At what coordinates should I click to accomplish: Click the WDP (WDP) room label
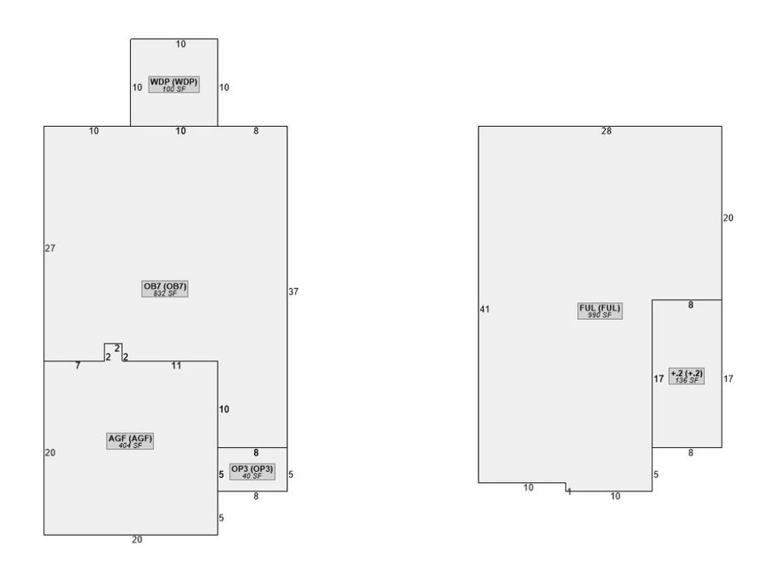point(173,82)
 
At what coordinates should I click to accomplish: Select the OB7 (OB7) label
point(165,286)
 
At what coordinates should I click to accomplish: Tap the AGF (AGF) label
point(130,438)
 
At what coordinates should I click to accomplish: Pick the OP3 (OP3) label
point(252,469)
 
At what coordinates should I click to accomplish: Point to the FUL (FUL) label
point(599,308)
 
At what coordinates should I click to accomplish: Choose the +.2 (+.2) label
point(687,373)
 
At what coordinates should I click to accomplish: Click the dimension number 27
point(50,248)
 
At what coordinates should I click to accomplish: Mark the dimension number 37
point(293,292)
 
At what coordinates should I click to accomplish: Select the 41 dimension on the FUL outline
point(484,309)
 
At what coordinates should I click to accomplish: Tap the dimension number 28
point(606,131)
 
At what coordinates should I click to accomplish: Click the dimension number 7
point(77,366)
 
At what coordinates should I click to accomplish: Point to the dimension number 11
point(176,366)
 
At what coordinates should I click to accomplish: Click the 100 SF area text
point(173,88)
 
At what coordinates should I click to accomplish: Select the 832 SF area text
point(165,293)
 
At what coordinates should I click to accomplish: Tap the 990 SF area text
point(599,315)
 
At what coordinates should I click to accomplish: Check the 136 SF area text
point(687,380)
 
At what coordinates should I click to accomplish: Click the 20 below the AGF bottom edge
point(137,540)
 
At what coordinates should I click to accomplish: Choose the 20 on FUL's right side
point(728,219)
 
